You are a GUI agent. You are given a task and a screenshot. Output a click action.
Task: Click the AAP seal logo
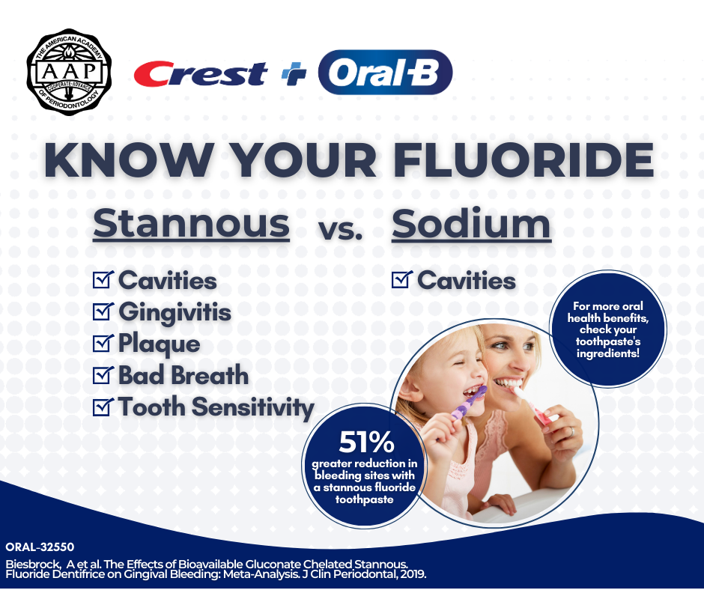[69, 72]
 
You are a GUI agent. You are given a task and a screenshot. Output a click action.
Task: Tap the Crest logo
[201, 73]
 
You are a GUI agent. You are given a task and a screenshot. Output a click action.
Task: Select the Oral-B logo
[385, 72]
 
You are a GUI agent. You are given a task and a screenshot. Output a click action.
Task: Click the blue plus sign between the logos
[294, 73]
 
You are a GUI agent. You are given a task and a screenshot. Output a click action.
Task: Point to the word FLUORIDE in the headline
[524, 159]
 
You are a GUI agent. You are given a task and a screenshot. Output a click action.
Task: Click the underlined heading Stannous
[191, 224]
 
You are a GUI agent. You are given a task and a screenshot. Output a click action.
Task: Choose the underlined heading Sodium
[471, 224]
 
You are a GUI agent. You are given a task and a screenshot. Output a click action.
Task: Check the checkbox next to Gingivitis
[103, 311]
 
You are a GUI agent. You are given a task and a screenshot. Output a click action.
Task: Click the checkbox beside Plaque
[103, 343]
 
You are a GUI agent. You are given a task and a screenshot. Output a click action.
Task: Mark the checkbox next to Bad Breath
[103, 374]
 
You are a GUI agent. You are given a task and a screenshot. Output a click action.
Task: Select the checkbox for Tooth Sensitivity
[103, 407]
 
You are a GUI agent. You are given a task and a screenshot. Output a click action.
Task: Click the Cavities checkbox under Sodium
[402, 279]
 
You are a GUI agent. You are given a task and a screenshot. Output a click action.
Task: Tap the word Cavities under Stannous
[168, 281]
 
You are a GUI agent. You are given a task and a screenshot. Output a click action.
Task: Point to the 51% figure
[366, 442]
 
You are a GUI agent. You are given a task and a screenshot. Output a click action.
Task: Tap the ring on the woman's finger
[571, 432]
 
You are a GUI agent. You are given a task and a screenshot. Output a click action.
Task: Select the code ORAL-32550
[40, 547]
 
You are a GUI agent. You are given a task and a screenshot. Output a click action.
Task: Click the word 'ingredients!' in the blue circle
[608, 354]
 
